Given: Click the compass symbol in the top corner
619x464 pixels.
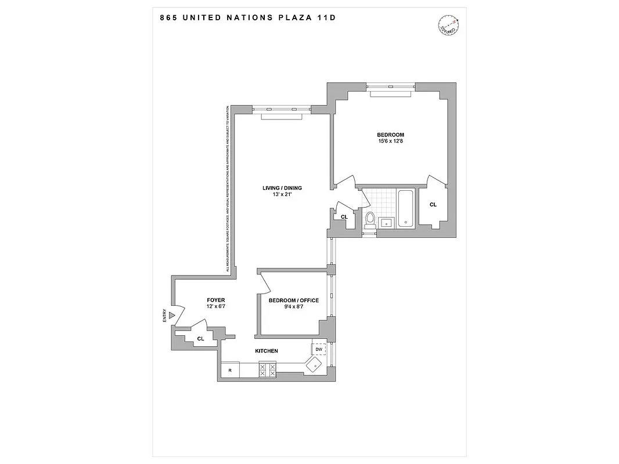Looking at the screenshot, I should click(x=448, y=24).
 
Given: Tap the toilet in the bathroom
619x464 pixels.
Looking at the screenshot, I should click(x=369, y=219).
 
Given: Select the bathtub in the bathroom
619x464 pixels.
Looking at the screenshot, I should click(x=405, y=208).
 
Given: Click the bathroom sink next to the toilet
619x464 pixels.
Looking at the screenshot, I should click(x=386, y=222).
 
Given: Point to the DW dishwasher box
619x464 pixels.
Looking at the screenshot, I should click(x=319, y=350).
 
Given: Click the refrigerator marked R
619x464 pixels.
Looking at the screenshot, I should click(x=231, y=369).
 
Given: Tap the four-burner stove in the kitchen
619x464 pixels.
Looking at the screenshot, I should click(x=267, y=369).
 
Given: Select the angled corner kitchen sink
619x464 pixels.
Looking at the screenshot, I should click(x=314, y=365).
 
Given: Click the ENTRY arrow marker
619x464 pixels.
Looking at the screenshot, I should click(x=171, y=316).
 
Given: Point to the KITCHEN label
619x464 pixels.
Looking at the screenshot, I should click(x=267, y=351).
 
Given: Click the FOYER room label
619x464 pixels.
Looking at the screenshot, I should click(x=215, y=300).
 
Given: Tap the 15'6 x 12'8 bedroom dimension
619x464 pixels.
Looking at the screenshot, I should click(x=390, y=142).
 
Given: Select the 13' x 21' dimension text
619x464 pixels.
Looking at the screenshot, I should click(x=282, y=194).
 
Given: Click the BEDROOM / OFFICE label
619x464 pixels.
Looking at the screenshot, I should click(x=293, y=300).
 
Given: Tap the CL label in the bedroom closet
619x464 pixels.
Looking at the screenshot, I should click(x=433, y=205).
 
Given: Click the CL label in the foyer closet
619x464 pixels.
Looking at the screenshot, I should click(x=200, y=338).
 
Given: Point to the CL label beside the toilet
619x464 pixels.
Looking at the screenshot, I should click(x=344, y=217).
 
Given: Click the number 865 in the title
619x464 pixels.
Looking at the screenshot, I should click(x=168, y=17).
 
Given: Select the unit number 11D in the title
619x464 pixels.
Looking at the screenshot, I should click(x=327, y=17).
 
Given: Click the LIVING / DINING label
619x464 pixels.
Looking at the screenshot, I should click(x=282, y=187).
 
